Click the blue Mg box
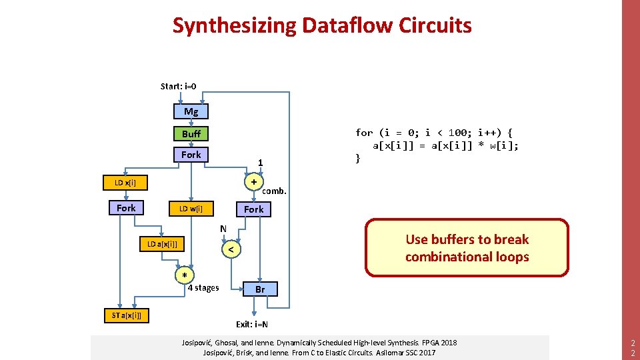click(x=191, y=111)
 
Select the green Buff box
click(x=191, y=133)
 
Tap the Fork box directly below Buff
click(x=191, y=155)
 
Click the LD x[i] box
click(x=125, y=182)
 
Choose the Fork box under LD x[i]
click(x=126, y=208)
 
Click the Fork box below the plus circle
click(x=253, y=209)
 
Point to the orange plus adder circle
click(x=254, y=181)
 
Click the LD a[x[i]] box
click(x=162, y=244)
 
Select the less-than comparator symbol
click(x=230, y=249)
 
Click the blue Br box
click(x=260, y=289)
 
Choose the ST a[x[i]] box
click(x=127, y=315)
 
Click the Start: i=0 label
click(x=178, y=86)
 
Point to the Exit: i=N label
click(x=252, y=325)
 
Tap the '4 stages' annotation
click(x=203, y=288)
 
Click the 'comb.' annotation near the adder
click(x=274, y=191)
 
